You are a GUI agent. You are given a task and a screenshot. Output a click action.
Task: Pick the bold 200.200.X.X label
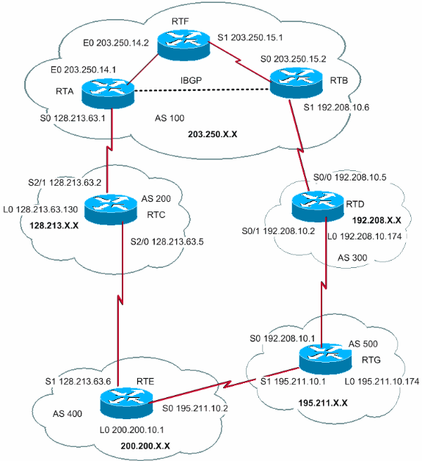(x=147, y=446)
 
